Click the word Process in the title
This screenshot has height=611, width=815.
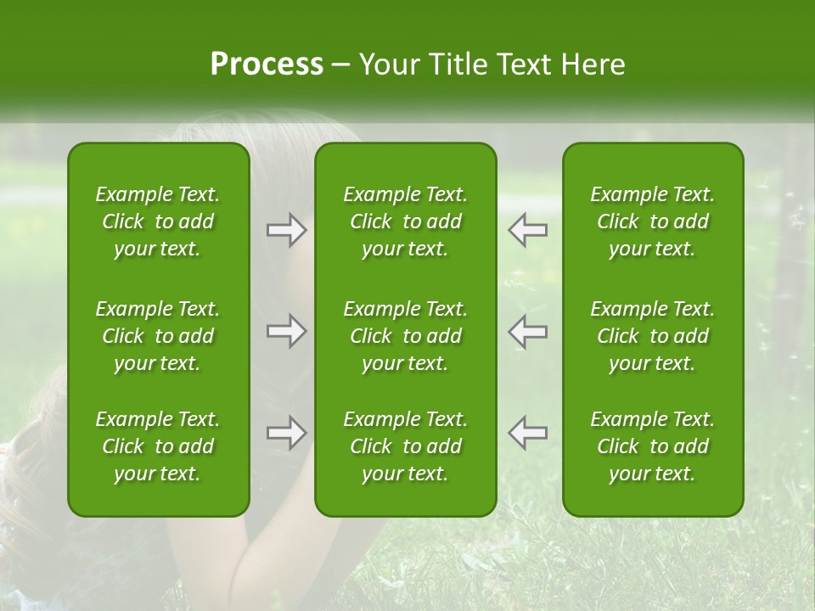pyautogui.click(x=267, y=64)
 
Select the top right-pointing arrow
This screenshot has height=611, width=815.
pyautogui.click(x=286, y=230)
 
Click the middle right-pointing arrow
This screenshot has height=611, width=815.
pyautogui.click(x=286, y=331)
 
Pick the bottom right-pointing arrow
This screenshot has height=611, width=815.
pyautogui.click(x=286, y=433)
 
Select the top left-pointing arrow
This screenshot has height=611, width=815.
pyautogui.click(x=528, y=230)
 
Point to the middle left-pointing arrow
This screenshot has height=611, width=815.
pyautogui.click(x=528, y=331)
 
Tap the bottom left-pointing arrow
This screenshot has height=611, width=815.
pyautogui.click(x=528, y=433)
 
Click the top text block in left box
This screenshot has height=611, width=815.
pyautogui.click(x=158, y=221)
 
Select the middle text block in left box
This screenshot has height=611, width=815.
pyautogui.click(x=158, y=336)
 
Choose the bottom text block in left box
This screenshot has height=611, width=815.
pyautogui.click(x=158, y=446)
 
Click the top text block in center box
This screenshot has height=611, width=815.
pyautogui.click(x=405, y=221)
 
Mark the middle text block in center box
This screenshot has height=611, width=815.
pyautogui.click(x=405, y=336)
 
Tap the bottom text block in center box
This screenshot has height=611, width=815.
pyautogui.click(x=405, y=446)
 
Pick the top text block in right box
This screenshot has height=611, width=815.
pyautogui.click(x=652, y=221)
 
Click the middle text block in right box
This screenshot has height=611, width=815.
pyautogui.click(x=652, y=336)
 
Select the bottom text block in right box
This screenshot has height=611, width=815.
pyautogui.click(x=652, y=446)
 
